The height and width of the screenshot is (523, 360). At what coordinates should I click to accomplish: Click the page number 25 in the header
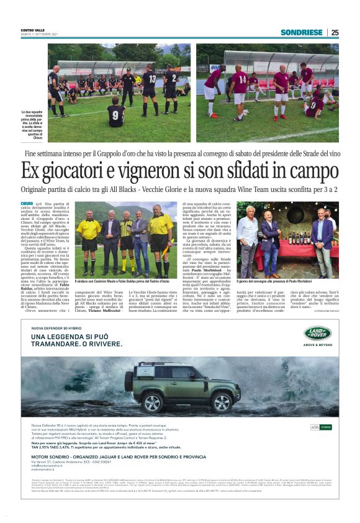click(x=335, y=32)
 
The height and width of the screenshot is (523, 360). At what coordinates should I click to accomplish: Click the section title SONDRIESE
click(x=302, y=32)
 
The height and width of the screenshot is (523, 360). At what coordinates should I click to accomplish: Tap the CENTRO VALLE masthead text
click(x=34, y=29)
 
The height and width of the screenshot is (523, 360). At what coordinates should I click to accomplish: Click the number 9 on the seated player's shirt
click(x=115, y=116)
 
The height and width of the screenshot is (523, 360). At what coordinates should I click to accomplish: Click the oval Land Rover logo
click(x=318, y=334)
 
